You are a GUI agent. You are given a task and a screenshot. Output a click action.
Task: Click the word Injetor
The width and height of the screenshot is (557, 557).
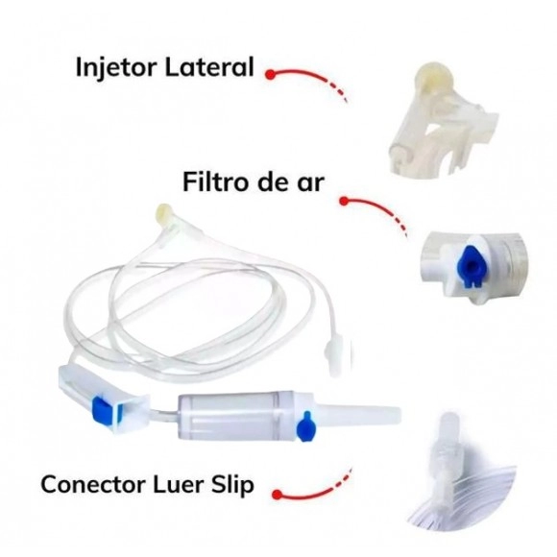[x=116, y=67]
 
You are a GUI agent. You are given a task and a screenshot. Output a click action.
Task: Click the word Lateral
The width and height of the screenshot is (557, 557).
[x=209, y=66]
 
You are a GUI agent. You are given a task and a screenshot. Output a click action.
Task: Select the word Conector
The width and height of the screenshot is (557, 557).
[x=93, y=484]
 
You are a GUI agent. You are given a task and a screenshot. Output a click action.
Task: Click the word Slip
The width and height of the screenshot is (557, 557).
[x=232, y=485]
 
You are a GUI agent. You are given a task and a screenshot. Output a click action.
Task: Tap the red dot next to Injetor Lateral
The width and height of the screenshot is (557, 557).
[x=270, y=74]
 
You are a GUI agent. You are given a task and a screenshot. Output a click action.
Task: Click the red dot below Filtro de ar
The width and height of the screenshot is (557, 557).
[x=344, y=202]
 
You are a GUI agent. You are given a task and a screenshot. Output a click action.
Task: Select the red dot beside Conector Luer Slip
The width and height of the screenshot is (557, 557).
[x=278, y=495]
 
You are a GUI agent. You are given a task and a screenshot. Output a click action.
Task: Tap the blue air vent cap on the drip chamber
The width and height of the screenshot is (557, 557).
[x=304, y=426]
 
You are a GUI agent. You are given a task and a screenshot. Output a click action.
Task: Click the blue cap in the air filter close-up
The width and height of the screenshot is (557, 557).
[x=469, y=266]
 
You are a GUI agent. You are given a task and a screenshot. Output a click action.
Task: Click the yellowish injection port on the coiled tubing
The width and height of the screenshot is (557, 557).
[x=164, y=212]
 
